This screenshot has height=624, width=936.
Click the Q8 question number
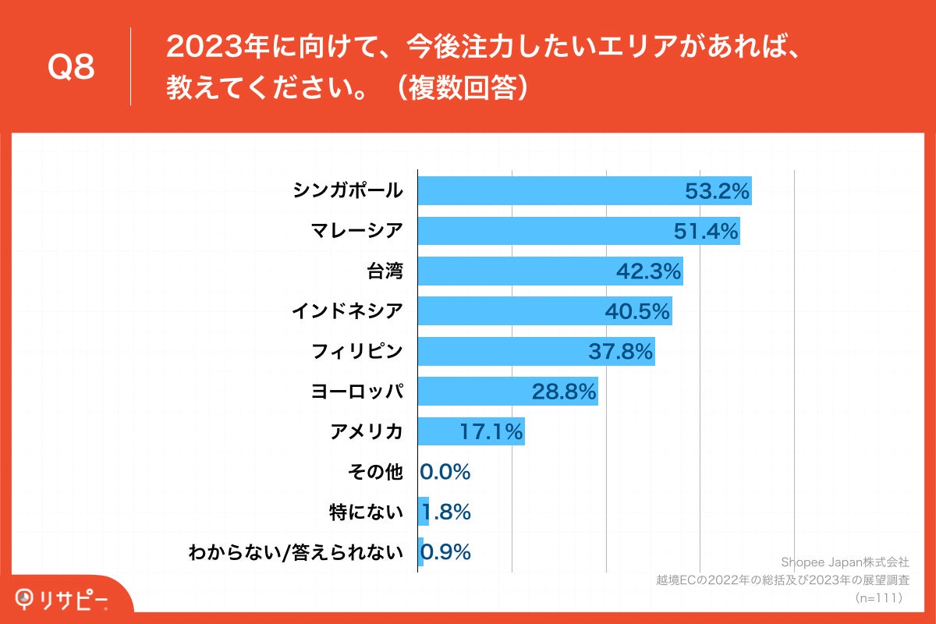(x=71, y=68)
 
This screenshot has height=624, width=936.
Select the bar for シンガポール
(x=546, y=190)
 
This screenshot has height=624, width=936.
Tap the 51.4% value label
(x=705, y=231)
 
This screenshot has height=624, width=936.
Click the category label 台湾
(x=385, y=271)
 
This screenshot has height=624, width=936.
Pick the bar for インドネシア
(x=507, y=311)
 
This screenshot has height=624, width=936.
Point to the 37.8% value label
(x=620, y=352)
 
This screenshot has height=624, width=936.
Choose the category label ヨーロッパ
(x=356, y=392)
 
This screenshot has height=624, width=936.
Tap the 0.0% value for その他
(x=445, y=472)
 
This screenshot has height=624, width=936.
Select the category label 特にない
(x=366, y=512)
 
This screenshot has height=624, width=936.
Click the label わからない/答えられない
(x=296, y=553)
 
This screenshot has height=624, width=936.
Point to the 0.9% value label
(x=447, y=552)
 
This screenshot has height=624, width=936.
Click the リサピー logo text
(x=75, y=599)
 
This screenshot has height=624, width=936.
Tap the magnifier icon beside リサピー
(x=27, y=599)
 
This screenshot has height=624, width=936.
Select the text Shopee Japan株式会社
(x=845, y=562)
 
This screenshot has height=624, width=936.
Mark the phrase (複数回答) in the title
(x=461, y=88)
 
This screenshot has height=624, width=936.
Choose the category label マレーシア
(x=356, y=231)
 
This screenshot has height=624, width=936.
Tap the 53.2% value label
(x=717, y=190)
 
